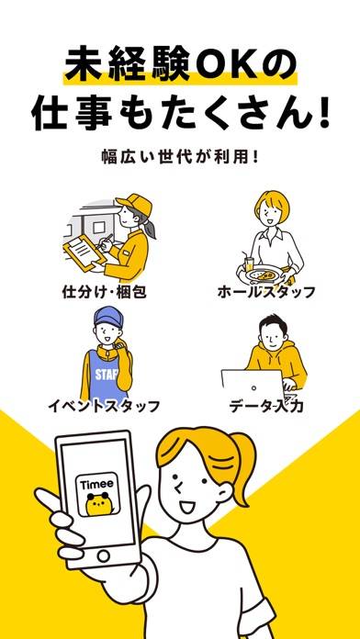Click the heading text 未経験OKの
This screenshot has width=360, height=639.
click(180, 64)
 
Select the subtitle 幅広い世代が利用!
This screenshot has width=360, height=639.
click(180, 157)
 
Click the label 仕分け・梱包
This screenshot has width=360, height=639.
click(104, 292)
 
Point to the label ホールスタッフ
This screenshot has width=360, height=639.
click(266, 292)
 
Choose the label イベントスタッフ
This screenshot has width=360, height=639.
click(104, 407)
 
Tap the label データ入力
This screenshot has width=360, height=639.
click(265, 407)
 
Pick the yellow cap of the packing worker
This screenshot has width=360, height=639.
click(134, 205)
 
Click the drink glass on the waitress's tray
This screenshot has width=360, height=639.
click(248, 262)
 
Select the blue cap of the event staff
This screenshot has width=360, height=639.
click(108, 318)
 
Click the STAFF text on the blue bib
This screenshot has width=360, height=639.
click(105, 375)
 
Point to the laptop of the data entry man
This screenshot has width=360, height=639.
click(253, 386)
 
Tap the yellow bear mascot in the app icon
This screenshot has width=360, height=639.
click(97, 504)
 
